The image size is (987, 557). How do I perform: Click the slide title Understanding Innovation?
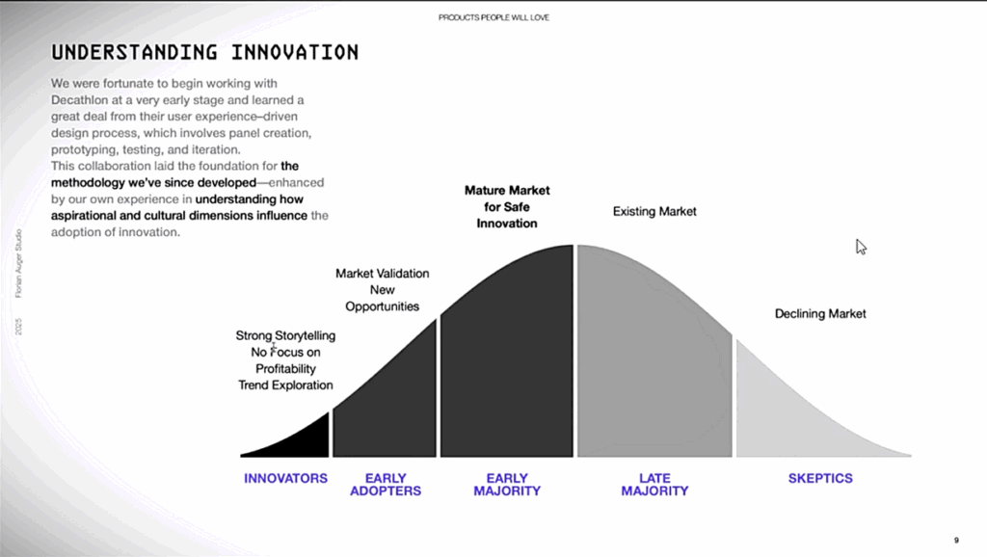tap(204, 52)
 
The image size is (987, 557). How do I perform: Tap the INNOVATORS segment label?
tap(285, 478)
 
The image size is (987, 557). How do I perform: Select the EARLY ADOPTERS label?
tap(386, 485)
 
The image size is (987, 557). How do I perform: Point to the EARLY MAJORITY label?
tap(507, 485)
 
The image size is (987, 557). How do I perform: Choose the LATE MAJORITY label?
tap(654, 485)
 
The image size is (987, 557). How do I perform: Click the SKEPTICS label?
tap(820, 478)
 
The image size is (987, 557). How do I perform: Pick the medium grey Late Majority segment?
tap(654, 365)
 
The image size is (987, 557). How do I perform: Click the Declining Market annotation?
tap(820, 313)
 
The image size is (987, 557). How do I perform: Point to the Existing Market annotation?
tap(654, 211)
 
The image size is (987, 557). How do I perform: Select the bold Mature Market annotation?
tap(507, 206)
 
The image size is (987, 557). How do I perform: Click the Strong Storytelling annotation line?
tap(285, 335)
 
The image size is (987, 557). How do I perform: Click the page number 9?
tap(956, 540)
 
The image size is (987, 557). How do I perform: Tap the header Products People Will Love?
tap(493, 17)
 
